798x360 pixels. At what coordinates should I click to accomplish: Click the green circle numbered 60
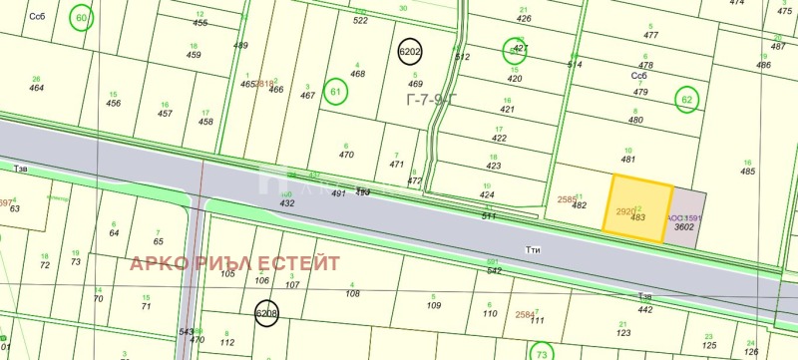click(x=82, y=18)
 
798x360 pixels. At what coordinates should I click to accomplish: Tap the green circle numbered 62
click(x=686, y=99)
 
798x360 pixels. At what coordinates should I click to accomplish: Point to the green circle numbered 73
click(x=541, y=352)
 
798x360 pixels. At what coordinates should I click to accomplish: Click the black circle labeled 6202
click(x=410, y=52)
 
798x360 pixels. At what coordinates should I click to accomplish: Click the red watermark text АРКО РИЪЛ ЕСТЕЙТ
click(x=233, y=262)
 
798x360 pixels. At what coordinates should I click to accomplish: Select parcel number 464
click(x=37, y=88)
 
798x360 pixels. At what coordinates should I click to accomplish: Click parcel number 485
click(x=747, y=172)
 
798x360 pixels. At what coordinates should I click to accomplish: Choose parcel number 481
click(x=628, y=159)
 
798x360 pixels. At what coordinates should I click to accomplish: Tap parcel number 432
click(x=287, y=202)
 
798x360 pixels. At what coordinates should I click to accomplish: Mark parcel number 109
click(x=434, y=305)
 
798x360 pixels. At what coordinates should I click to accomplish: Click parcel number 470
click(x=346, y=155)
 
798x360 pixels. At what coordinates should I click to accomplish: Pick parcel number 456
click(x=114, y=103)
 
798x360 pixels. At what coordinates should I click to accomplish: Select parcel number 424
click(x=488, y=194)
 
